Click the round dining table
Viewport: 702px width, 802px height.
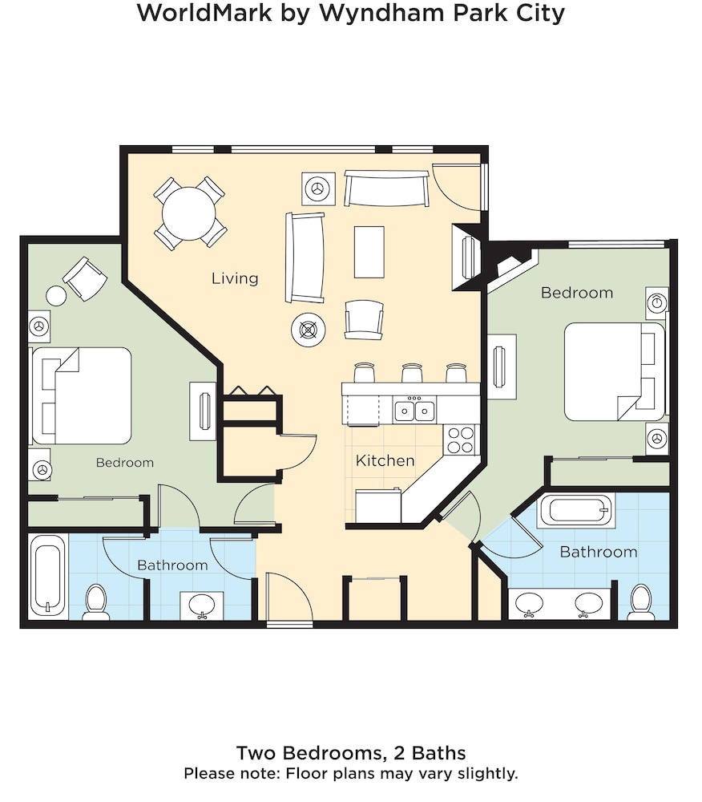189,214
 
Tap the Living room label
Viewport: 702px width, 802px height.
235,278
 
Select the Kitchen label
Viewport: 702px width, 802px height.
385,460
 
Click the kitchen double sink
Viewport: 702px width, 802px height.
414,411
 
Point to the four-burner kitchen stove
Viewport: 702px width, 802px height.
461,440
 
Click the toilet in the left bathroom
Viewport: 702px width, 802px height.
95,601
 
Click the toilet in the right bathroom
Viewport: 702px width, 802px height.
640,601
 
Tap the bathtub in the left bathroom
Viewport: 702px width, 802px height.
48,575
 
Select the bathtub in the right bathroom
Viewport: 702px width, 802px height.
576,510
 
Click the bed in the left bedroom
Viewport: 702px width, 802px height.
82,396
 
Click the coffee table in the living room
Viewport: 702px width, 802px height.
369,252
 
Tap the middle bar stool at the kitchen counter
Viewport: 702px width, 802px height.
412,374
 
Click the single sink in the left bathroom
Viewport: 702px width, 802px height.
202,606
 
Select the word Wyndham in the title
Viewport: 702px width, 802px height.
382,14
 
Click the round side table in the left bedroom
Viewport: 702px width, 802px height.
56,296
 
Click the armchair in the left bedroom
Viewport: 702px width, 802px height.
85,279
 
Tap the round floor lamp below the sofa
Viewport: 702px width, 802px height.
309,330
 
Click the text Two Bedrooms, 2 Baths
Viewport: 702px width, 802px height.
351,753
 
